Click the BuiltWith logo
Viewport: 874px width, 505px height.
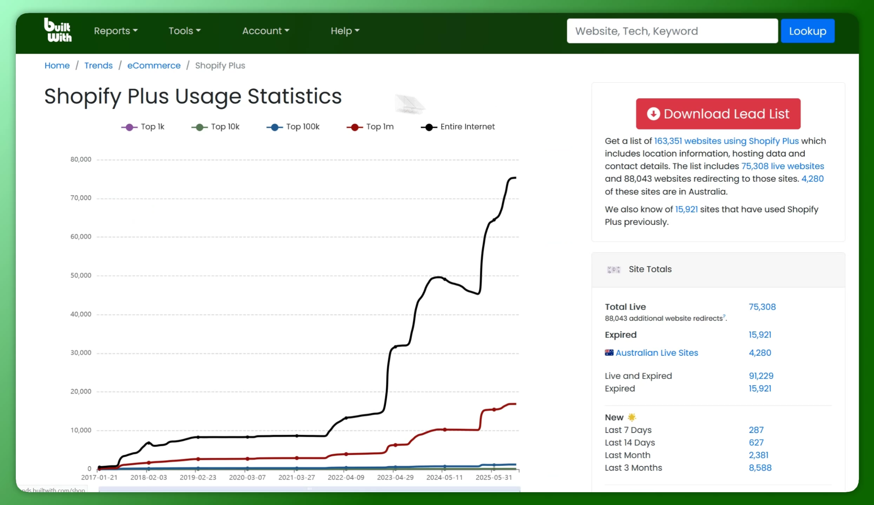pos(58,30)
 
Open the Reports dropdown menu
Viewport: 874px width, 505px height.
pos(116,31)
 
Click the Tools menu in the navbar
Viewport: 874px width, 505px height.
pos(184,31)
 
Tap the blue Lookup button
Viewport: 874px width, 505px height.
pos(807,31)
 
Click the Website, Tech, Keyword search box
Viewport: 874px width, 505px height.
pos(672,31)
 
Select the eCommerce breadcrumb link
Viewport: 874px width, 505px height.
pos(154,65)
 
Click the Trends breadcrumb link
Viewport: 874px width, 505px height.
pos(98,65)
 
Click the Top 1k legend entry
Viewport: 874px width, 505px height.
pos(143,127)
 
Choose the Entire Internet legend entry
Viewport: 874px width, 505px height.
pos(458,127)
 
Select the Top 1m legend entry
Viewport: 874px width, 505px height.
pos(370,127)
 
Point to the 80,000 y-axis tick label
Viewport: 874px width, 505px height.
pos(81,160)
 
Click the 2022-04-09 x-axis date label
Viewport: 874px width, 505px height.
pos(346,477)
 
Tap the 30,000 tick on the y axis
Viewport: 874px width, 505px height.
pos(81,353)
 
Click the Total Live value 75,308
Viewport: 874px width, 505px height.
pos(762,307)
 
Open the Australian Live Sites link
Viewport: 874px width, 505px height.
pos(657,353)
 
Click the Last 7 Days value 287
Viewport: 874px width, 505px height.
pos(756,430)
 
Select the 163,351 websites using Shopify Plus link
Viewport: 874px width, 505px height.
pos(726,141)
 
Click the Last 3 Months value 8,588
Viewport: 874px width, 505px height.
pos(760,468)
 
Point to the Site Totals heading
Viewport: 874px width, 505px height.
pos(650,269)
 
